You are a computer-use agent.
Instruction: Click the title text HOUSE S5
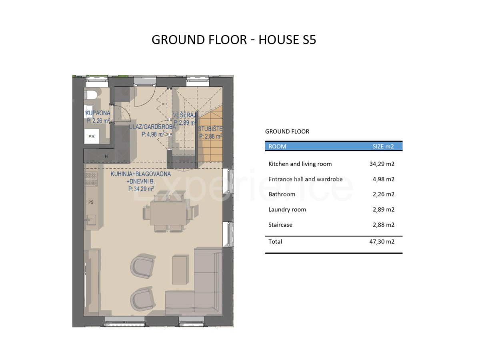(x=287, y=40)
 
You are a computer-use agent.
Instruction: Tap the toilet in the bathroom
(x=92, y=95)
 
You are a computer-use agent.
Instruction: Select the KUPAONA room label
(x=98, y=113)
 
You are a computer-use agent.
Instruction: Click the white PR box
(x=92, y=136)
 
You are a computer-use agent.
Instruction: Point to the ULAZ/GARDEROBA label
(x=152, y=127)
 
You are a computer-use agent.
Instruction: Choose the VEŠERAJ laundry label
(x=185, y=115)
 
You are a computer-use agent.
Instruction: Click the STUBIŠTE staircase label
(x=210, y=129)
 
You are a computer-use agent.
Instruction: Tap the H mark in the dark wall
(x=106, y=156)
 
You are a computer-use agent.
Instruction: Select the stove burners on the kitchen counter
(x=91, y=179)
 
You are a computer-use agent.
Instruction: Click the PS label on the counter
(x=91, y=202)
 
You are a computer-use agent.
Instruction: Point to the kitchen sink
(x=91, y=220)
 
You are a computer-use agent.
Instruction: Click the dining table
(x=168, y=213)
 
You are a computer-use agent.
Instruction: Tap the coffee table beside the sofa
(x=180, y=270)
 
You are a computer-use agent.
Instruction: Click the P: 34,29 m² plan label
(x=141, y=189)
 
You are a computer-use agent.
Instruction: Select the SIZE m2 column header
(x=383, y=146)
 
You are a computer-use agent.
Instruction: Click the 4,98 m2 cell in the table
(x=384, y=179)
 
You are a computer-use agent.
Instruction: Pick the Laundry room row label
(x=287, y=210)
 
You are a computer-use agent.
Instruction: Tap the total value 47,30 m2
(x=382, y=242)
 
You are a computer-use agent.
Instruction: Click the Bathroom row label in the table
(x=282, y=194)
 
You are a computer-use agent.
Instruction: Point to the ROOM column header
(x=277, y=146)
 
